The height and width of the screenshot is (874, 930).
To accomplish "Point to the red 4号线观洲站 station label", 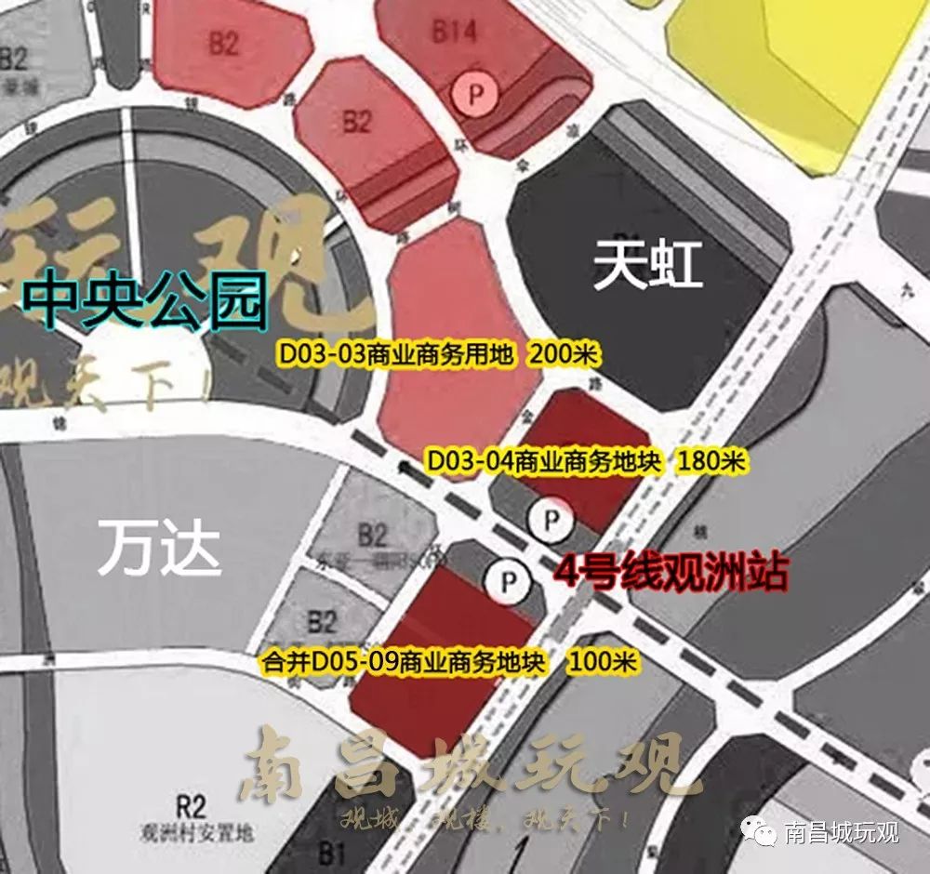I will pos(671,573).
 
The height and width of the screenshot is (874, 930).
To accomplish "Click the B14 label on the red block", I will pos(454,32).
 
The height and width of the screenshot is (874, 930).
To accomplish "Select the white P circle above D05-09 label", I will pos(508,583).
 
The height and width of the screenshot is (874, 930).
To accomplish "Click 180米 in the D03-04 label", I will pos(712,460).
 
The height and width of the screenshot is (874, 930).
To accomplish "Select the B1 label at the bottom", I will pos(332,852).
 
